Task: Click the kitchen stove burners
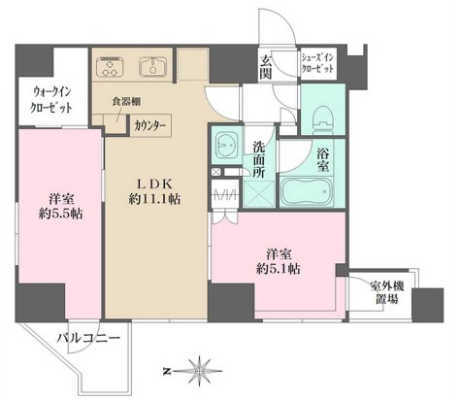pyautogui.click(x=110, y=68)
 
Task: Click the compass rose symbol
pyautogui.click(x=201, y=371)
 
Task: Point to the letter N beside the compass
pyautogui.click(x=166, y=371)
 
